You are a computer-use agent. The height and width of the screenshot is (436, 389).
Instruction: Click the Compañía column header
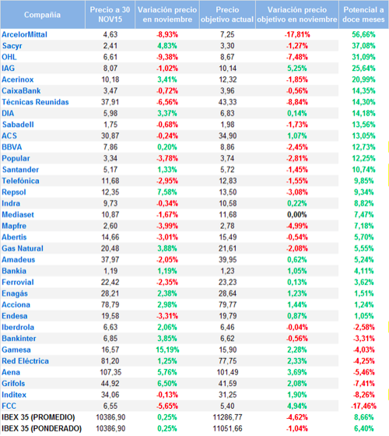[42, 15]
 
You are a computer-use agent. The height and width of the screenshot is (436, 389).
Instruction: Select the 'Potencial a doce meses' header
[363, 15]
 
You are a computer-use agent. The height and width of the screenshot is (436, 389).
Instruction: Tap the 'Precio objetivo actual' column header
[227, 15]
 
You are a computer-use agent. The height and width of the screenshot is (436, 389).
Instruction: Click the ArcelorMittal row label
[24, 34]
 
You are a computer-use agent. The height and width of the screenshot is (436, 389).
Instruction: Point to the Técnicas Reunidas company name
[35, 102]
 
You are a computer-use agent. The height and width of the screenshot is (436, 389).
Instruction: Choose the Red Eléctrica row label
[25, 361]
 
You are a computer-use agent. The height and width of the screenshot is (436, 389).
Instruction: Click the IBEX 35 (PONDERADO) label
[42, 428]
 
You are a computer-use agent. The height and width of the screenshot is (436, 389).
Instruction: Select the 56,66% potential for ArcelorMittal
[363, 34]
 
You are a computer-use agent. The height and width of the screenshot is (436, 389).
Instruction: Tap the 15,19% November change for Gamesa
[167, 350]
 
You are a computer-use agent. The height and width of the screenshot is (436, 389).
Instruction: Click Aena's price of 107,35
[110, 372]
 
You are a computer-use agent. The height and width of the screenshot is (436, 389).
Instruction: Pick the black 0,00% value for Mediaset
[297, 215]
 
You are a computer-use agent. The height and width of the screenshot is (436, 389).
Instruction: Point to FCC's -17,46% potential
[363, 406]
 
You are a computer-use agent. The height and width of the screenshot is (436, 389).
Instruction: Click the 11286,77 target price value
[227, 417]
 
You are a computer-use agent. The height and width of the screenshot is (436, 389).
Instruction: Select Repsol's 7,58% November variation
[167, 192]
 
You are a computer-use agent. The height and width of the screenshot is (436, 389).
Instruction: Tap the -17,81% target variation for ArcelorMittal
[297, 34]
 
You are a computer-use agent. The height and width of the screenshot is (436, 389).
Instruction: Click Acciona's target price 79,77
[227, 304]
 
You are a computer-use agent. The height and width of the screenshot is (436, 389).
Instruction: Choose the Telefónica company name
[20, 181]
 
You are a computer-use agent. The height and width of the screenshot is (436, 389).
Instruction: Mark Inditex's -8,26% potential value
[363, 395]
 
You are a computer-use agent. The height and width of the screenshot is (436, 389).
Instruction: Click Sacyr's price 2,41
[110, 46]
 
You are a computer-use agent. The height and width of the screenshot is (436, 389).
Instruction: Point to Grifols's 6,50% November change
[167, 383]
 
